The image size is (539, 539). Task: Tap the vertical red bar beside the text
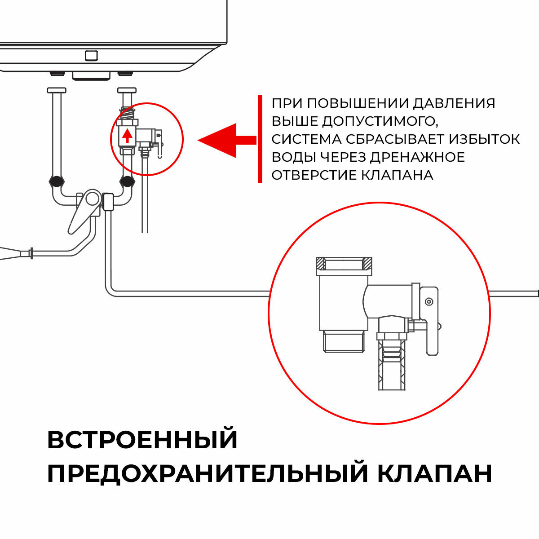(x=260, y=139)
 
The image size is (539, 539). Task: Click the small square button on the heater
(x=91, y=56)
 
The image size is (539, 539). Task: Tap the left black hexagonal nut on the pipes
(x=56, y=182)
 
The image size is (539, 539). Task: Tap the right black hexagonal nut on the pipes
(x=127, y=182)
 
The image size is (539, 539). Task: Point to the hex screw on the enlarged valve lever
(x=429, y=301)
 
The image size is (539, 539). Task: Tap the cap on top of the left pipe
(x=57, y=90)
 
